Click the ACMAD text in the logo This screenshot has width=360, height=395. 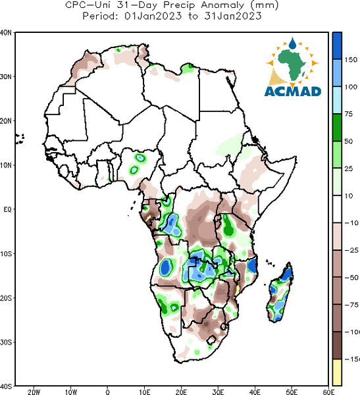coord(293,92)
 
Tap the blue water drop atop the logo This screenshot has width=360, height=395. coord(292,43)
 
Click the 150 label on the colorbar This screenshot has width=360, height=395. coord(351,60)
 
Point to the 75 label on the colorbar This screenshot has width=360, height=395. coord(349,114)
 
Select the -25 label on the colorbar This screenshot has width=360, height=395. coord(351,250)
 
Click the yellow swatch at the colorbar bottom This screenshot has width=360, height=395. coord(337,372)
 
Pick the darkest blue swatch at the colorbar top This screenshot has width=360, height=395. coord(337,46)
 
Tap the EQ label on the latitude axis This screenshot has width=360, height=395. coord(7,209)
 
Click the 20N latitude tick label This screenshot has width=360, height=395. coord(6,121)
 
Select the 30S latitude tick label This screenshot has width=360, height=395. coord(6,342)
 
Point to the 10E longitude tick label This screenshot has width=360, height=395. coord(145,392)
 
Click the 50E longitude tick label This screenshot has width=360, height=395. coord(292,392)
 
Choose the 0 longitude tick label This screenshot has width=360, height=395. coord(107,392)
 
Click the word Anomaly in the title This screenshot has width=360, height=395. coord(222,5)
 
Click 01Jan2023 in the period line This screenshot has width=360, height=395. coord(153,16)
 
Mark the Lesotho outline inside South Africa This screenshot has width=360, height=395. coord(211,340)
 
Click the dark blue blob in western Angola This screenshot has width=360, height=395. coord(165,267)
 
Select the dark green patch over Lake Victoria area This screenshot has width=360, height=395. coord(228,225)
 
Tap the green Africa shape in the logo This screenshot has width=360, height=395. coord(292,63)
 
